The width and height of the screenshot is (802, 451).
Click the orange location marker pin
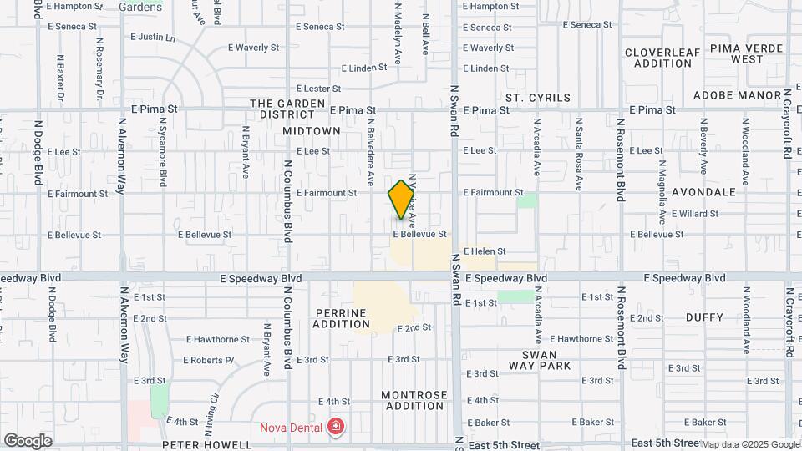(x=402, y=199)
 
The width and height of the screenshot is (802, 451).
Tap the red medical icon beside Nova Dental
(x=336, y=428)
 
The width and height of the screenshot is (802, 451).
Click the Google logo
(x=28, y=441)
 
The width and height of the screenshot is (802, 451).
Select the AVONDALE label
(x=703, y=191)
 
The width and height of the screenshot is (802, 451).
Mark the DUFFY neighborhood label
(x=704, y=317)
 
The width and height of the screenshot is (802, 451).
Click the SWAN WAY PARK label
(x=541, y=360)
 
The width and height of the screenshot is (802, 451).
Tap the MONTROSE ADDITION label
(x=413, y=400)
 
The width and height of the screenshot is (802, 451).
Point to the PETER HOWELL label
(x=206, y=445)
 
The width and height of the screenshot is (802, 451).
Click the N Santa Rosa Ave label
(x=578, y=147)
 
